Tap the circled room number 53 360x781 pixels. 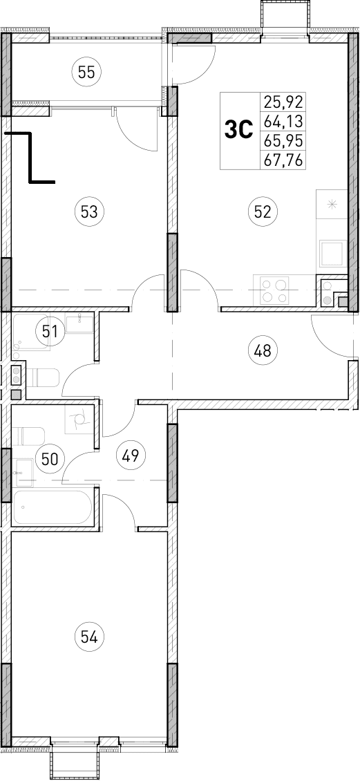88,211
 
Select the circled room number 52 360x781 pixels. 262,211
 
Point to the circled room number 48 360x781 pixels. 262,351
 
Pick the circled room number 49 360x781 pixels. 131,455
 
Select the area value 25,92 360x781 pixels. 284,103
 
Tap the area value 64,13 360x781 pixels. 284,122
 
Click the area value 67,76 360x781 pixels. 284,160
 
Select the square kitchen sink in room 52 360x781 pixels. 332,253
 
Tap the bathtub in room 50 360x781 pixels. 53,507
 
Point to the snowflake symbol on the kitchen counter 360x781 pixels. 332,204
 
